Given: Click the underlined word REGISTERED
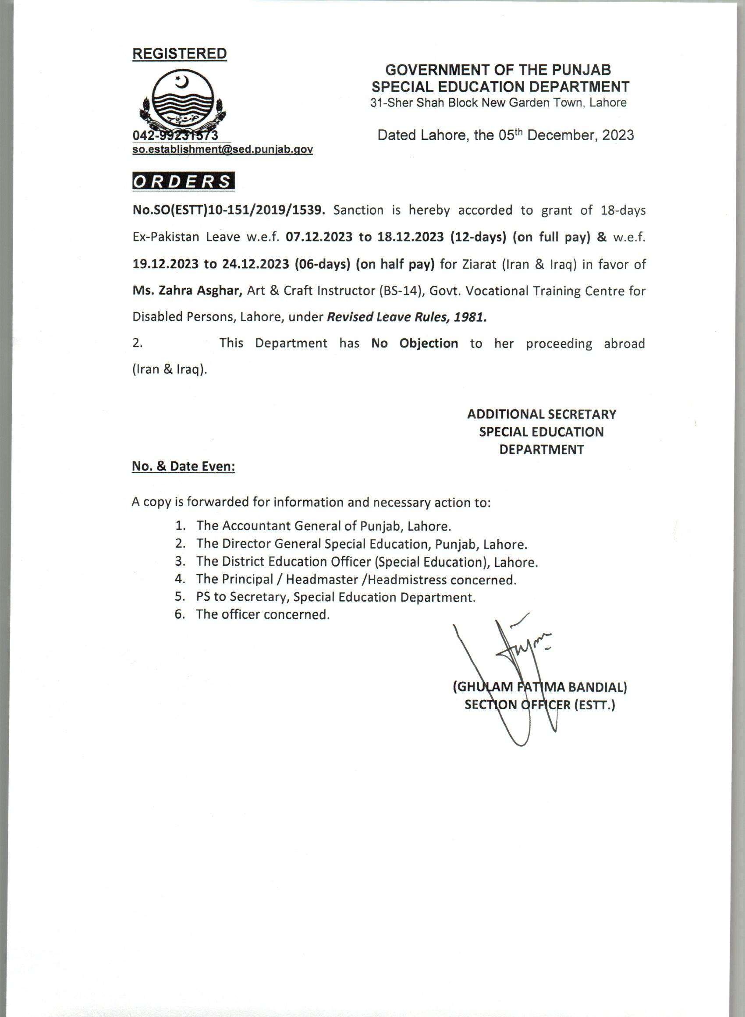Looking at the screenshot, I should coord(180,53).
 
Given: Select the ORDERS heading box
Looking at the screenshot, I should coord(184,181).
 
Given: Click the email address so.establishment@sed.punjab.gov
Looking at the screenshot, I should coord(222,150).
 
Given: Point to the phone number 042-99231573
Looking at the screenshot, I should coord(175,135).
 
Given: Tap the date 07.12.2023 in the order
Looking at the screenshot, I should coord(319,237).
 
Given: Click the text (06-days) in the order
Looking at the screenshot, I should coord(323,264).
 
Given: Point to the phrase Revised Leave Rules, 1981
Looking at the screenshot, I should coord(407,317).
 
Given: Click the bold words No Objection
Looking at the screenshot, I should coord(415,344).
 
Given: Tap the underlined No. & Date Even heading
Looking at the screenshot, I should coord(184,467).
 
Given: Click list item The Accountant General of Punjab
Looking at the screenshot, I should coord(323,526).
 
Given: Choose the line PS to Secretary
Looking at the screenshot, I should coord(336,597).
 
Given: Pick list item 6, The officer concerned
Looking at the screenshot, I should coord(263,614).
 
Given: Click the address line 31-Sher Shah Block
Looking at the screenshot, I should coord(498,103).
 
